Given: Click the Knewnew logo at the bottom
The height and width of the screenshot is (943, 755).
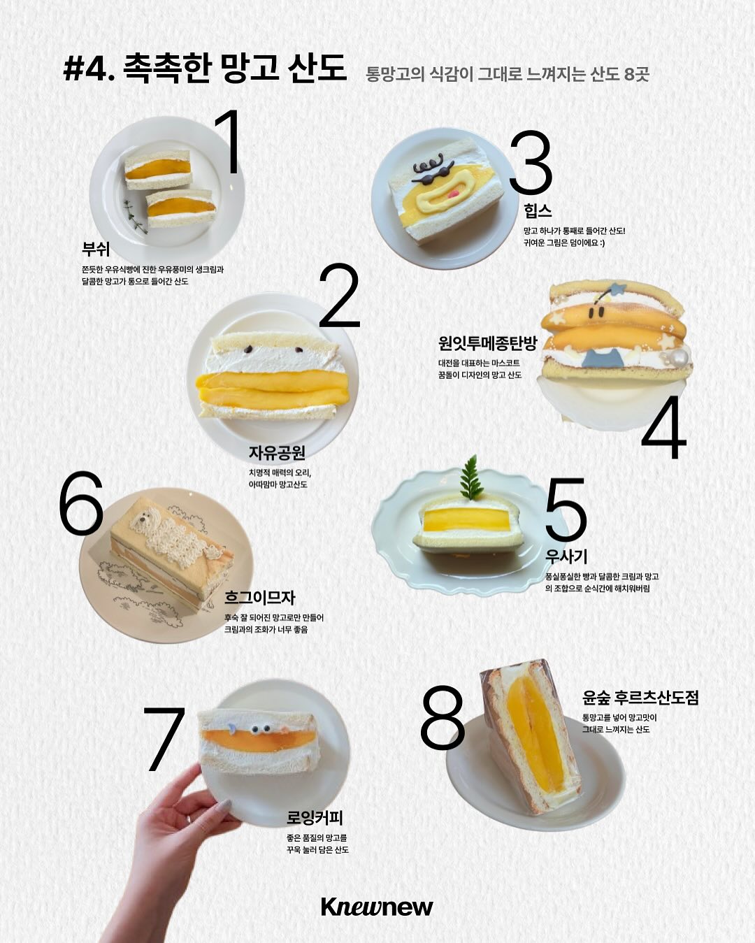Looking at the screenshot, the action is tap(377, 907).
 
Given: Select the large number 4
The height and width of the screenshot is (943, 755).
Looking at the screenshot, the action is tap(664, 428).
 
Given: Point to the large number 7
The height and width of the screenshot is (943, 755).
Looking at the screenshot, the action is tap(164, 739).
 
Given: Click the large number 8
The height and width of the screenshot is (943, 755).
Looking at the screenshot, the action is tap(442, 717).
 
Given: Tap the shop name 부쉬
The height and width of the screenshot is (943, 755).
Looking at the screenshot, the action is tap(96, 249).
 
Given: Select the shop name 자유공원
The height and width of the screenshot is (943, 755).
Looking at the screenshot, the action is tap(277, 452).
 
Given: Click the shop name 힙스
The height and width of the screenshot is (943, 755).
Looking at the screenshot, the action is tap(537, 210).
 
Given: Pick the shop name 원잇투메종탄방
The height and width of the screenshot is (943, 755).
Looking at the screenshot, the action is tap(487, 343).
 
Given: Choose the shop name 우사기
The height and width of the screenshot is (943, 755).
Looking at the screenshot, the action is tap(566, 556).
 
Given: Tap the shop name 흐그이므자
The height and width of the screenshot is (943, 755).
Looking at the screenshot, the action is tap(260, 597).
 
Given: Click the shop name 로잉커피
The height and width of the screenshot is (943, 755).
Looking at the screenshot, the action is tap(315, 817).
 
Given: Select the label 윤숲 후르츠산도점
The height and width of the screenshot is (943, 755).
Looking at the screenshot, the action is tap(640, 697).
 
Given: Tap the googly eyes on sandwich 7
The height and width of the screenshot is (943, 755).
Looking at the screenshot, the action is tap(261, 728).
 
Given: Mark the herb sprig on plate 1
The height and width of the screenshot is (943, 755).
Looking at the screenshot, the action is tap(134, 216).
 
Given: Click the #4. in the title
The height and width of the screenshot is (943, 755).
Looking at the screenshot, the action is tap(89, 69).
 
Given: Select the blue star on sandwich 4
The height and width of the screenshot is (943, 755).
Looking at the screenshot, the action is tap(617, 288).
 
